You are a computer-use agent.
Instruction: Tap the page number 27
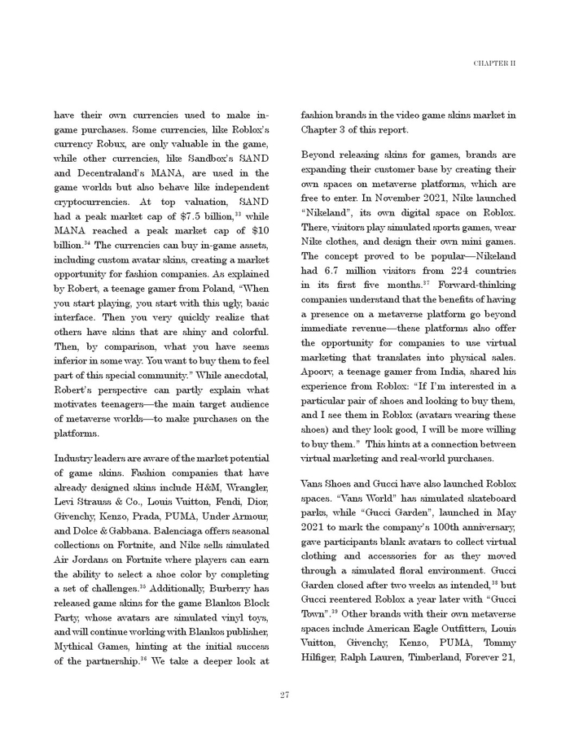point(285,695)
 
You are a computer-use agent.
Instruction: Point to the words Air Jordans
point(83,562)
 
